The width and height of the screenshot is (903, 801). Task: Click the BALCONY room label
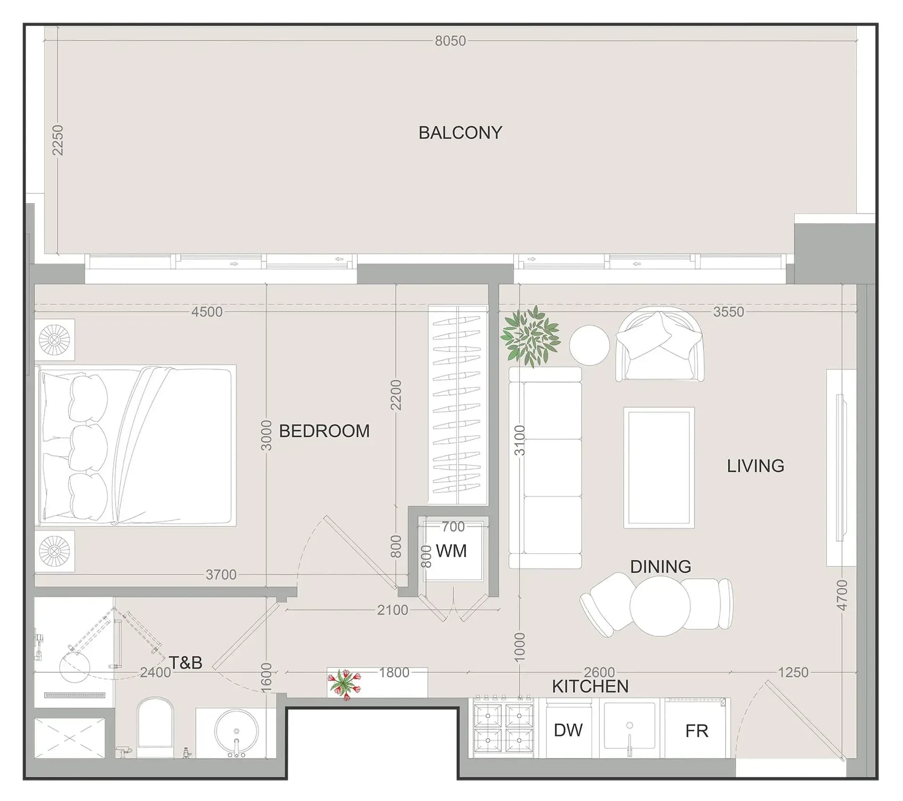[460, 133]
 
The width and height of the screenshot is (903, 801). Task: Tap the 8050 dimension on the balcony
[450, 41]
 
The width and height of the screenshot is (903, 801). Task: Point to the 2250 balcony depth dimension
[57, 140]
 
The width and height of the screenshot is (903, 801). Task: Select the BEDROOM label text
[324, 431]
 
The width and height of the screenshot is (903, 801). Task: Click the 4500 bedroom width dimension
[207, 312]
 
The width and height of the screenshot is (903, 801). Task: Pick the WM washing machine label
[451, 551]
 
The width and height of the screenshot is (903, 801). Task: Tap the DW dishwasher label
[568, 730]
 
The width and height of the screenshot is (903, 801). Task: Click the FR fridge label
[696, 731]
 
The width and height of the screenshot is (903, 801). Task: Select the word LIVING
[755, 466]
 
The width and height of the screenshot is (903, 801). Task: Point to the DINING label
[661, 567]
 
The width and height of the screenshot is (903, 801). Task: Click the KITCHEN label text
[590, 686]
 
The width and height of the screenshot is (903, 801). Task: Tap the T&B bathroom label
[185, 663]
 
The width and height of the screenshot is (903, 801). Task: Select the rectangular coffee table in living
[659, 468]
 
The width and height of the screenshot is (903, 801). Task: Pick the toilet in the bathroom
[155, 727]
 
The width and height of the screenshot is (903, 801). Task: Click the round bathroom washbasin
[236, 731]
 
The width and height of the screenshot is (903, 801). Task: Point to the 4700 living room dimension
[841, 595]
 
